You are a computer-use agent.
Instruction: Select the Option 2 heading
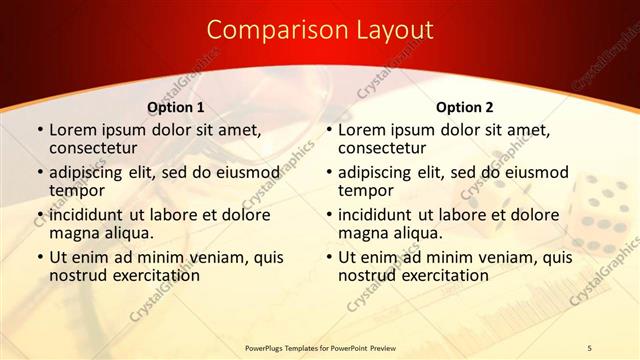coord(464,107)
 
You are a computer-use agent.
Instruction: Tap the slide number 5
coord(589,347)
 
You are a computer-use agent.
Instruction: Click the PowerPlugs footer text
coord(321,347)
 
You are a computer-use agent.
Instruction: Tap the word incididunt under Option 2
coord(380,215)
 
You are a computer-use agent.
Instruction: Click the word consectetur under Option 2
coord(384,148)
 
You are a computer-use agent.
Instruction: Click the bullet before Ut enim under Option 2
coord(331,257)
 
